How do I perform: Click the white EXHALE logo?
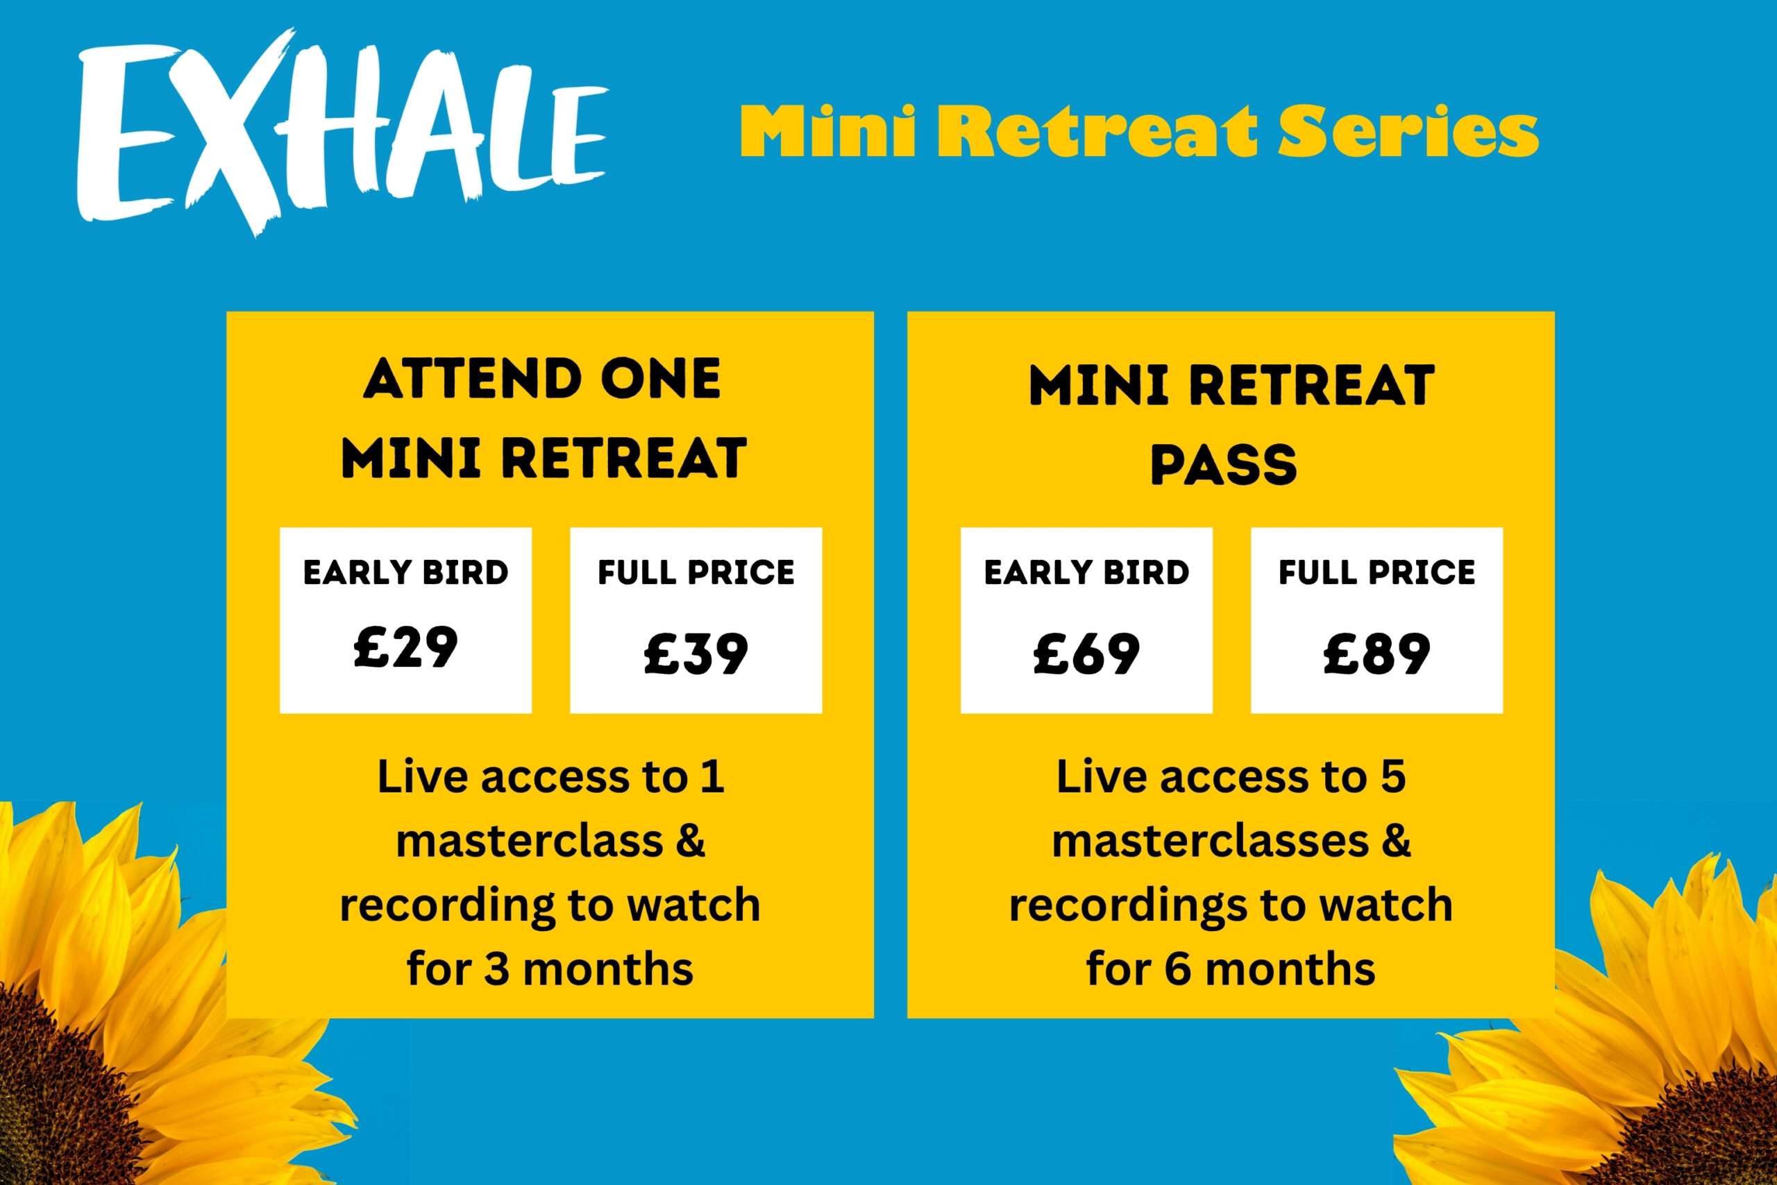(x=342, y=133)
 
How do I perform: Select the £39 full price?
(x=696, y=653)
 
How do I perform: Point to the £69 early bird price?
(x=1086, y=653)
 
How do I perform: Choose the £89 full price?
(x=1377, y=653)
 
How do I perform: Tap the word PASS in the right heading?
(x=1224, y=464)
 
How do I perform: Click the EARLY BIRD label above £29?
(x=406, y=572)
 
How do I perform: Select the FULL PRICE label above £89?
(x=1377, y=572)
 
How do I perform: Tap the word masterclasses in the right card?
(x=1210, y=841)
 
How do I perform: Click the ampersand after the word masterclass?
(x=689, y=841)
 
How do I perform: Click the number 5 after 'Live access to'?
(x=1393, y=777)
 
